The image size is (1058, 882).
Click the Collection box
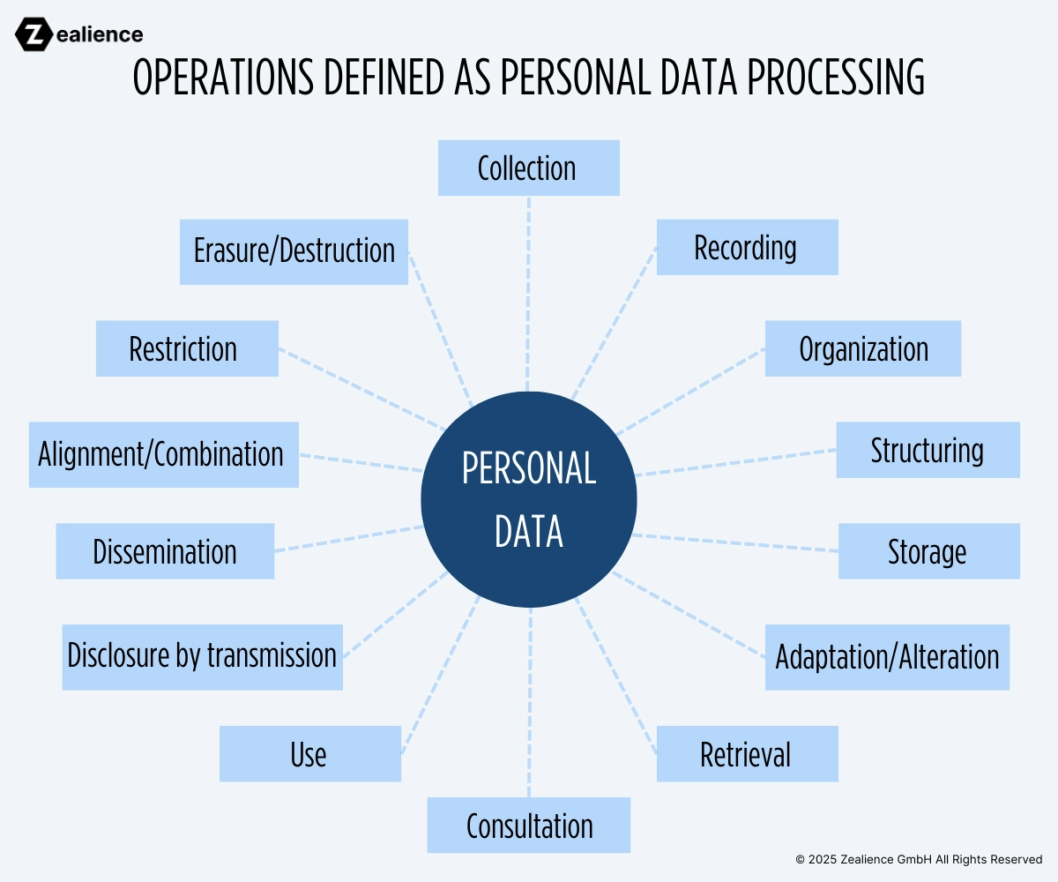click(x=528, y=168)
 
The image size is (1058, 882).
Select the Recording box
click(x=747, y=248)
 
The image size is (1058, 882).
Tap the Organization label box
click(x=862, y=348)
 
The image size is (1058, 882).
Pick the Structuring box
click(x=928, y=450)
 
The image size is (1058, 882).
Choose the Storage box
click(x=928, y=551)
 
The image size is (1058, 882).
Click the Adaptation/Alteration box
click(x=887, y=657)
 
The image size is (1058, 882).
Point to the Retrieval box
click(x=747, y=754)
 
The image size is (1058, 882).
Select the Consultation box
click(x=529, y=826)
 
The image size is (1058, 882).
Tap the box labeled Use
click(x=309, y=754)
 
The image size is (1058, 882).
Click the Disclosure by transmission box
click(x=202, y=657)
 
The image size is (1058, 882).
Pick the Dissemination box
click(x=165, y=551)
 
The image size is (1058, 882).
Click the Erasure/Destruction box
click(x=294, y=251)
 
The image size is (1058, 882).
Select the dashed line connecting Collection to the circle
click(x=528, y=291)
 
